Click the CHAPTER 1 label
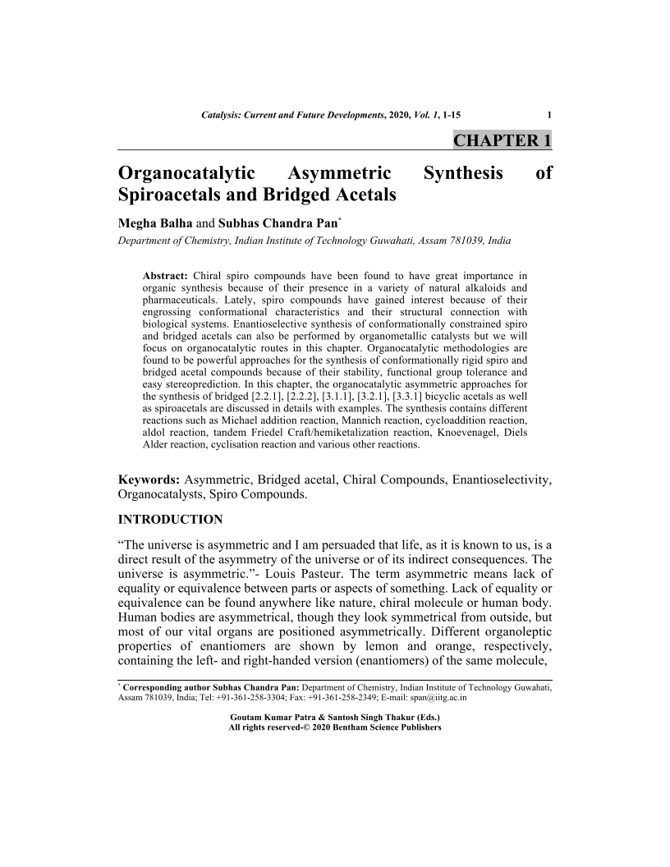(x=502, y=140)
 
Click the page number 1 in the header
(x=548, y=115)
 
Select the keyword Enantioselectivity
(x=501, y=479)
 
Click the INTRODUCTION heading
(x=171, y=520)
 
